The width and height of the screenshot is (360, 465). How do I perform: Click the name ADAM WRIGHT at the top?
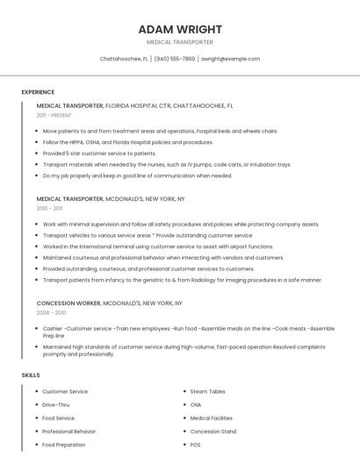(179, 29)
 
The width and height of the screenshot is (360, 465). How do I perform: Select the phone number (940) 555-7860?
(176, 59)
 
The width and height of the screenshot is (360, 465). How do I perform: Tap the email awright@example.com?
(230, 59)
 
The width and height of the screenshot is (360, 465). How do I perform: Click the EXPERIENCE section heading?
(38, 92)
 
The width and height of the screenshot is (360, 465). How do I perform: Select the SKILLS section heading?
(31, 376)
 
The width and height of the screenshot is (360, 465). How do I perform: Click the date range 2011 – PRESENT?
(54, 115)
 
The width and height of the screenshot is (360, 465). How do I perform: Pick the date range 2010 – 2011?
(49, 209)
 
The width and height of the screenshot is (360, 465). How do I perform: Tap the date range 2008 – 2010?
(51, 312)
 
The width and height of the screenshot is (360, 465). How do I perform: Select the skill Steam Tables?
(207, 391)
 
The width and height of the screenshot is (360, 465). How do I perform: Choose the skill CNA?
(196, 404)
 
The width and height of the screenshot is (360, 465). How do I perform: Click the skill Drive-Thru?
(56, 404)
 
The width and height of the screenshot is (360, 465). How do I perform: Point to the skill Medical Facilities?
(212, 418)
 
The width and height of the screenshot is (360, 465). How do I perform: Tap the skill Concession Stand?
(212, 432)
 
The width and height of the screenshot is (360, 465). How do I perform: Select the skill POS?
(196, 445)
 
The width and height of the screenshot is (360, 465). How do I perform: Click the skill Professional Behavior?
(69, 432)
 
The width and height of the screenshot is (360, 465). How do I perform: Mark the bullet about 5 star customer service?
(99, 154)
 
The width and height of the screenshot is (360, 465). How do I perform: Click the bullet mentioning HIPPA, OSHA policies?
(127, 142)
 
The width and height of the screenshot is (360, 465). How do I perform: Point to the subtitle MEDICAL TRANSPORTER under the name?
(179, 42)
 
